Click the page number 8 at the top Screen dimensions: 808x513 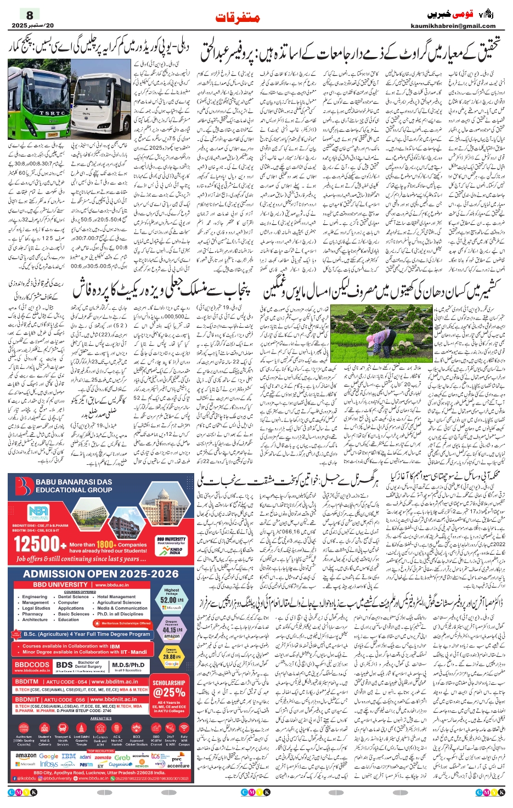[30, 15]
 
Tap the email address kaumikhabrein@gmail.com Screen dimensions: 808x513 [453, 26]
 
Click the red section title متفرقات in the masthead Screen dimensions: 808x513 [238, 18]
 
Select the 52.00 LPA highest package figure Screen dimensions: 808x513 [171, 599]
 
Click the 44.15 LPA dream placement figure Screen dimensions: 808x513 [171, 630]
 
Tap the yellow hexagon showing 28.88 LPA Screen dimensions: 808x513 [171, 656]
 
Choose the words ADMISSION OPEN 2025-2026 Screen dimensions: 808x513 [101, 574]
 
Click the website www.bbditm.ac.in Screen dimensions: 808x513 [115, 682]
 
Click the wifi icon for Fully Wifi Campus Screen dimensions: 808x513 [184, 727]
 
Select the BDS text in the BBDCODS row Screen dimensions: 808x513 [65, 665]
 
